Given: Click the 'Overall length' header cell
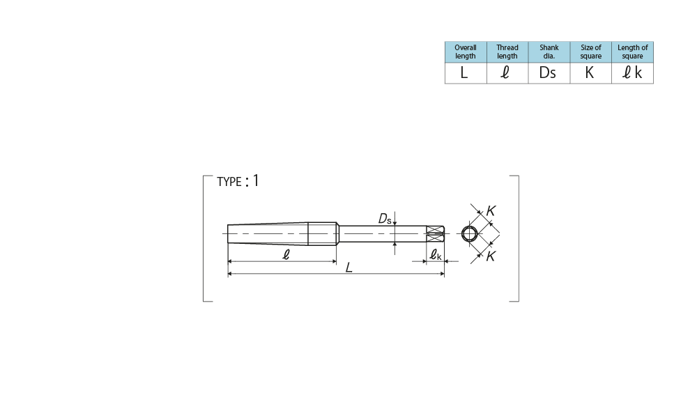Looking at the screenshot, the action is (466, 52).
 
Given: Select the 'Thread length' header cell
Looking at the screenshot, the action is (507, 52).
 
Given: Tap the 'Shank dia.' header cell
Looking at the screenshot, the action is (549, 52).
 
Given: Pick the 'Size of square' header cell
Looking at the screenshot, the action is (591, 52).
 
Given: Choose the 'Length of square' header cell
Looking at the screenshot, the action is (633, 52).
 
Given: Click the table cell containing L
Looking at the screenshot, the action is (466, 73).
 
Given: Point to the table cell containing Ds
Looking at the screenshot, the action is (549, 73).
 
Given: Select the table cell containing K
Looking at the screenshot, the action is (591, 73).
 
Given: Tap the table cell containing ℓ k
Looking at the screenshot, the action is (633, 73).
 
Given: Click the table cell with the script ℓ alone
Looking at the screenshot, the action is (507, 73).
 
